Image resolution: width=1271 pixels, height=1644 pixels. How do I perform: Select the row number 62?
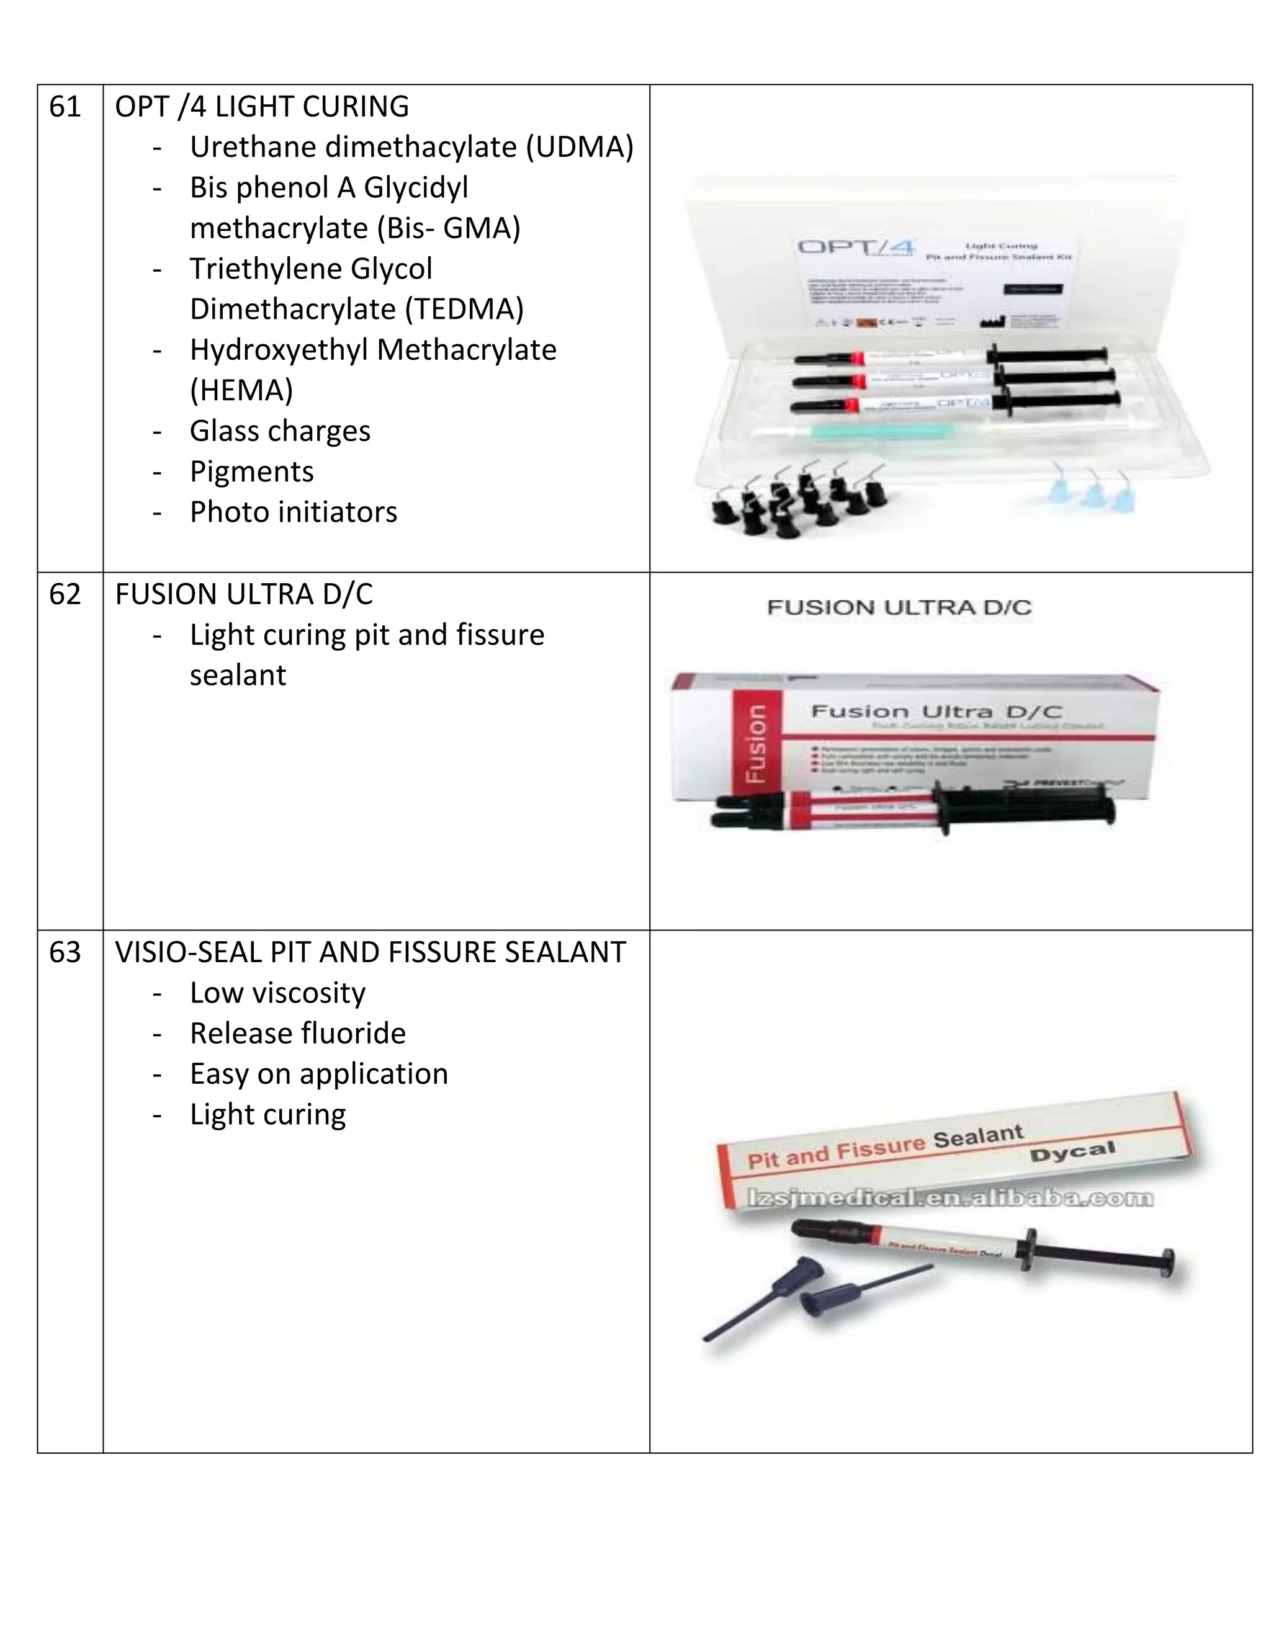(65, 595)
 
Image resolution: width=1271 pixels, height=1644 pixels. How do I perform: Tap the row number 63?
(65, 953)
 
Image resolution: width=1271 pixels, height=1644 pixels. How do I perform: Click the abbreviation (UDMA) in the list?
(580, 148)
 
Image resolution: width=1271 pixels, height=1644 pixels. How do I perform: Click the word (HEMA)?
(241, 391)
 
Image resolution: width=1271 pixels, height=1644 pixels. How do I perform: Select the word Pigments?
(251, 472)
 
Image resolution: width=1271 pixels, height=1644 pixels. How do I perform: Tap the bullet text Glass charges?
(280, 431)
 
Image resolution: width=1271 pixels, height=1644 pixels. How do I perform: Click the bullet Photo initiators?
(293, 512)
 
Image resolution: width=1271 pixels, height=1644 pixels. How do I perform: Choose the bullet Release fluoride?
(297, 1034)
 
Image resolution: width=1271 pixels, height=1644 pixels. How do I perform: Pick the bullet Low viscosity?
(277, 993)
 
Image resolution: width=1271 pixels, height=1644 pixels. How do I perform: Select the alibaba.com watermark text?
(949, 1197)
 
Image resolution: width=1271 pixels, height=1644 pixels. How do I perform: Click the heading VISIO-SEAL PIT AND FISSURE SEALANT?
(370, 953)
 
